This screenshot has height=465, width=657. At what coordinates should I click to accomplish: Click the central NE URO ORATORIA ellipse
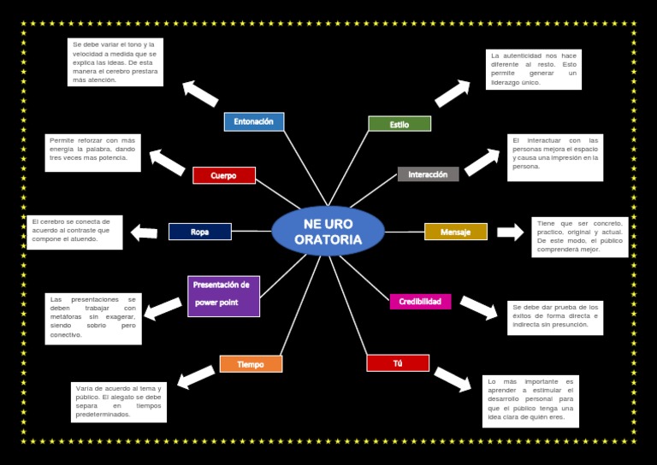click(x=328, y=232)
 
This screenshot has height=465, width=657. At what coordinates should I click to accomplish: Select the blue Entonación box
click(x=254, y=121)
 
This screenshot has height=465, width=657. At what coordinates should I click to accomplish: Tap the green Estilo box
click(x=400, y=124)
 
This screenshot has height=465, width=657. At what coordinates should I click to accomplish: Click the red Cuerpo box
click(x=224, y=175)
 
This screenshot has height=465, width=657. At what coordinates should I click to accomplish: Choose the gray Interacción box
click(x=428, y=174)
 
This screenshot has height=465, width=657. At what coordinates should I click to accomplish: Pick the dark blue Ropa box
click(x=200, y=232)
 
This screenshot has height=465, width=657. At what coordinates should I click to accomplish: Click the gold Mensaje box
click(x=455, y=232)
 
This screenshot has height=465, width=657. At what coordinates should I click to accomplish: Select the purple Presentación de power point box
click(x=223, y=296)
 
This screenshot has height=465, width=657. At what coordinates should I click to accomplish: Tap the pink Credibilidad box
click(x=420, y=302)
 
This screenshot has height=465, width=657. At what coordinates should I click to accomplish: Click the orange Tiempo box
click(x=251, y=364)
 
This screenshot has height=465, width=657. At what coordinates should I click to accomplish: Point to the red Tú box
click(x=398, y=363)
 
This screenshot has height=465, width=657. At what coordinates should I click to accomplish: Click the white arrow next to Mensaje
click(x=510, y=232)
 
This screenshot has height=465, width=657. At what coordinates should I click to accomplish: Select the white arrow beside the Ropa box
click(x=144, y=232)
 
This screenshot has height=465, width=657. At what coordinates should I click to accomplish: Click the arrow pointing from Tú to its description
click(x=453, y=379)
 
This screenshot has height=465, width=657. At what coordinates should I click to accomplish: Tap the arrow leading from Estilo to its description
click(x=453, y=93)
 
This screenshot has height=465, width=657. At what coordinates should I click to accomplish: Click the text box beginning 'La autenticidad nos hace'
click(x=534, y=69)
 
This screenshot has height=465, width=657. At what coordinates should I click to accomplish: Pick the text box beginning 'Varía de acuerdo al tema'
click(x=118, y=402)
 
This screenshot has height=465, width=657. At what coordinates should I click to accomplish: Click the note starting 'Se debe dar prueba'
click(x=554, y=315)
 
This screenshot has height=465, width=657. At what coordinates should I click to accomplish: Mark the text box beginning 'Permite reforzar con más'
click(x=92, y=151)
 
